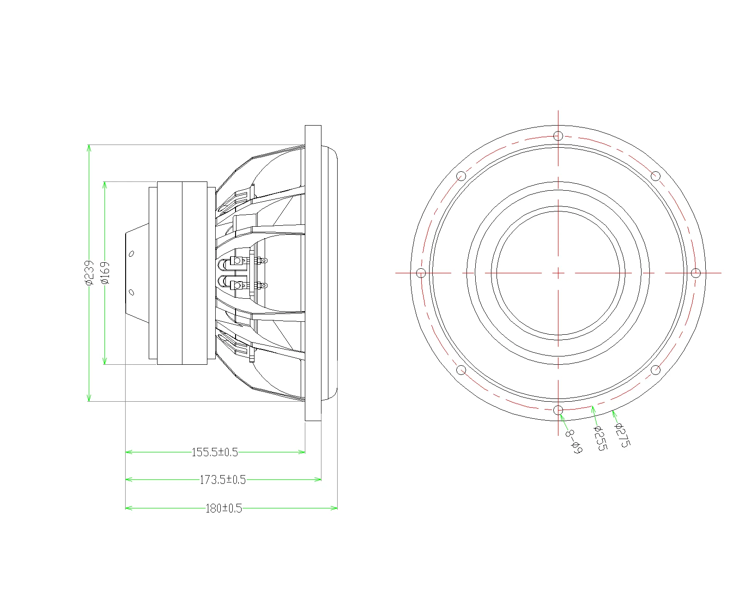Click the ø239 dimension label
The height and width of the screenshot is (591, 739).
[x=89, y=273]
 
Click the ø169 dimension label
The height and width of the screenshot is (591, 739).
[x=105, y=273]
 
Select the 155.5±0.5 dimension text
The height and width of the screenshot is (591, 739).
[x=214, y=452]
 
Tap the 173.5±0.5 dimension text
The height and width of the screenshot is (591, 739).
[x=223, y=480]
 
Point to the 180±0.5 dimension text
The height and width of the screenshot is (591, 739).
[x=224, y=508]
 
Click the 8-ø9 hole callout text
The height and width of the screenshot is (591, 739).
[x=573, y=441]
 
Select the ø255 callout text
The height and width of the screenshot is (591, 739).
[x=600, y=438]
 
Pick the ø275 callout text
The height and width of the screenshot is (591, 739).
[x=622, y=435]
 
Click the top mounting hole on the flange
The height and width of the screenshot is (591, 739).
[x=558, y=136]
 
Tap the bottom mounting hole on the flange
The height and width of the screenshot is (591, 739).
[x=558, y=410]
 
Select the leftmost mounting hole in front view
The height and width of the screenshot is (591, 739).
[x=421, y=273]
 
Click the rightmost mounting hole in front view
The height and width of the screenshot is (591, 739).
[x=695, y=273]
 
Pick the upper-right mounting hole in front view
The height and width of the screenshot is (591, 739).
[x=655, y=176]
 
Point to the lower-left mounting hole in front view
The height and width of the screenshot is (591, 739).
[x=461, y=370]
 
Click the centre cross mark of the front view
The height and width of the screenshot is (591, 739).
[x=558, y=273]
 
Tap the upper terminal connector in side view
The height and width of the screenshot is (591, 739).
[x=238, y=261]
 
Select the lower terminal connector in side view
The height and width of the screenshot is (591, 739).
[x=238, y=286]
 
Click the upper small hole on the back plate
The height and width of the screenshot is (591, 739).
[x=131, y=253]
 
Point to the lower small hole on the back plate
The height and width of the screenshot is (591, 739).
[x=131, y=292]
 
